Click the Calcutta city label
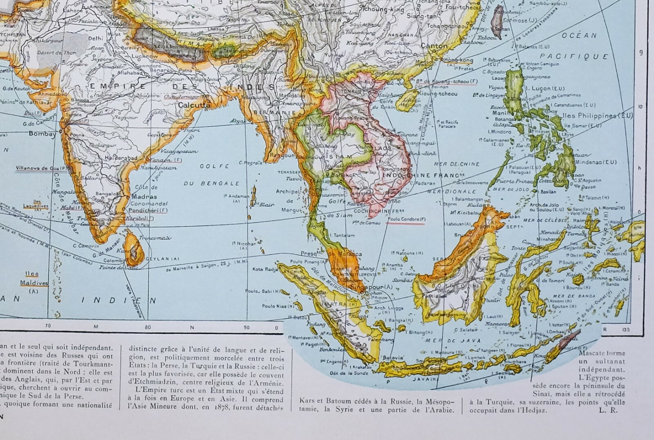point(194,105)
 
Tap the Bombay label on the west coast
point(42,134)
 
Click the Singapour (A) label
point(372,287)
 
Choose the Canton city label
point(434,46)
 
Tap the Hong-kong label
point(459,60)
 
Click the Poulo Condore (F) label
point(406,219)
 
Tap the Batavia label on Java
point(392,357)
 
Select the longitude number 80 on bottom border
point(148,327)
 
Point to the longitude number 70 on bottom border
point(48,326)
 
